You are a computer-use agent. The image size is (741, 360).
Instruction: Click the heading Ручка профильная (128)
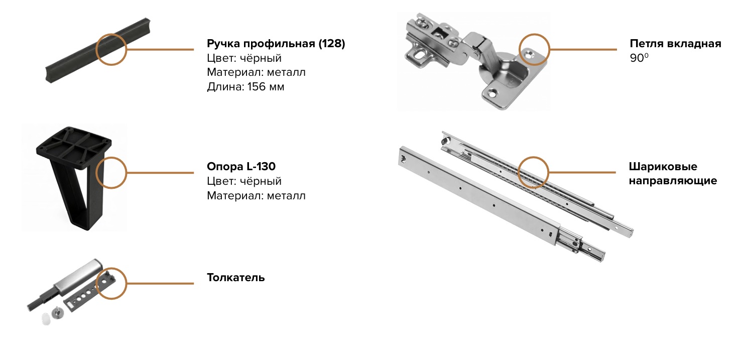pos(276,44)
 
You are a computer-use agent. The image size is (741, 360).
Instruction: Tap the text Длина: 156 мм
pos(245,87)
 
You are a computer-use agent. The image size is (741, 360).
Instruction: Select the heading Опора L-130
pos(241,166)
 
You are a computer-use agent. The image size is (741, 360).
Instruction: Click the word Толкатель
pos(236,277)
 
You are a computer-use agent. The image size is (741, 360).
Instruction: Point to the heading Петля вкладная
pos(675,44)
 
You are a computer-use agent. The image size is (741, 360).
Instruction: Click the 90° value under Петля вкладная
pos(639,58)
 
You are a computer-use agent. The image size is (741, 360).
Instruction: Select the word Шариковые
pos(663,166)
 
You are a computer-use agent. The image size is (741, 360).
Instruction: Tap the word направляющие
pos(673,181)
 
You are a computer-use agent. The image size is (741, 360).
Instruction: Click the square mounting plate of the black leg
pos(74,143)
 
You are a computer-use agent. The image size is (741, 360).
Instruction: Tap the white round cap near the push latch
pos(46,318)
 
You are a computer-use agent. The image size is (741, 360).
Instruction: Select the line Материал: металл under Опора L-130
pos(257,195)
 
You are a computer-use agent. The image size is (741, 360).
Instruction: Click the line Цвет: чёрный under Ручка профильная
pos(244,58)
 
